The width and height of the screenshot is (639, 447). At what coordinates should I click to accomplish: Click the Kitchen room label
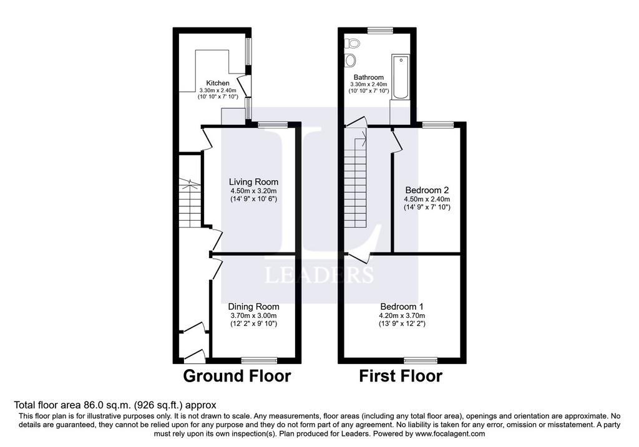click(218, 83)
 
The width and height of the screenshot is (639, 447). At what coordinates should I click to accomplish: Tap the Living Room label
click(253, 182)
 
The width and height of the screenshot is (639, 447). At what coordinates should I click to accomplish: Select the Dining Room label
click(253, 307)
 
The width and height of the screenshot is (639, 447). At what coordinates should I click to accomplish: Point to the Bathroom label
click(368, 77)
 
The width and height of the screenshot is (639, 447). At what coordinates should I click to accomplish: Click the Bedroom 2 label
click(427, 190)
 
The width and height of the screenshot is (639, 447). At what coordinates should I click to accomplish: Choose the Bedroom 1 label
click(402, 307)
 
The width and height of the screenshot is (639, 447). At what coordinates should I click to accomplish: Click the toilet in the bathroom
click(352, 43)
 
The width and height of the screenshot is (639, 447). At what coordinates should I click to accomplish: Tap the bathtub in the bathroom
click(401, 77)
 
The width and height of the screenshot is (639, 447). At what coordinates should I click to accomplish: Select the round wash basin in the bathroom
click(351, 60)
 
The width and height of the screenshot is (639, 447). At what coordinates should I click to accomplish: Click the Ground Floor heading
click(237, 376)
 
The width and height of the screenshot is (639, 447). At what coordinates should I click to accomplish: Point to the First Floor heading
click(401, 376)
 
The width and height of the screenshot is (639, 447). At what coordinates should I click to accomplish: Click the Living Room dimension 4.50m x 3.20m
click(253, 191)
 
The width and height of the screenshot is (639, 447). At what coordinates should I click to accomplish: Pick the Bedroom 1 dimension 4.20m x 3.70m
click(402, 315)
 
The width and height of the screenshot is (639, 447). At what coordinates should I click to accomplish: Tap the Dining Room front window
click(259, 360)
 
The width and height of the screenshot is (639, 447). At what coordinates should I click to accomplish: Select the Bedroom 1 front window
click(421, 360)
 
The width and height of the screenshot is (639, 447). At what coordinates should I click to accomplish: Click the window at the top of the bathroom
click(380, 30)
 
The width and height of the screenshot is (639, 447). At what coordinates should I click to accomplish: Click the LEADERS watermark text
click(319, 275)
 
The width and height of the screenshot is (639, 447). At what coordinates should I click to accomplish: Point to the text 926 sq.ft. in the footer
click(163, 405)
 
